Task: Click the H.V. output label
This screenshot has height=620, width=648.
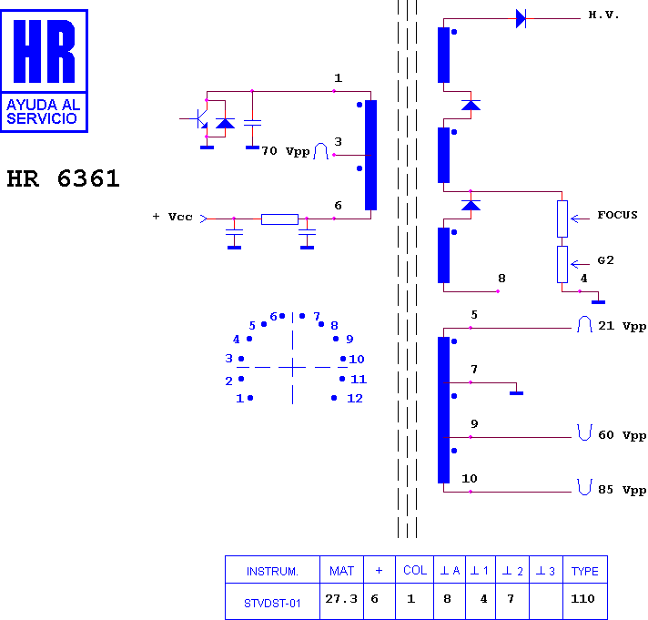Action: tap(603, 15)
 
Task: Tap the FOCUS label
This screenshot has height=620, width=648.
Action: tap(617, 215)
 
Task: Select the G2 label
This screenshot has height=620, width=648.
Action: tap(605, 260)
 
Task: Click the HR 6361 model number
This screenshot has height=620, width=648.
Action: tap(63, 179)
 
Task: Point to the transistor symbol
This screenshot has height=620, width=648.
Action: tap(200, 119)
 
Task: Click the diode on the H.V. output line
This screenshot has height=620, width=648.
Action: tap(521, 18)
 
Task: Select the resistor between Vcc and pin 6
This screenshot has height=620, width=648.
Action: tap(279, 219)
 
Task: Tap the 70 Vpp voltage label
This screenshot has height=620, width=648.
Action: tap(286, 151)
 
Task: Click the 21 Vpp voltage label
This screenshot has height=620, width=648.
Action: tap(622, 326)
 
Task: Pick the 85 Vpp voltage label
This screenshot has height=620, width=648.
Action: tap(622, 490)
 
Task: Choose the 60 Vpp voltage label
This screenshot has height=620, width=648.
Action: tap(622, 435)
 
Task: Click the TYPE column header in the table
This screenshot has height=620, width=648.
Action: tap(585, 571)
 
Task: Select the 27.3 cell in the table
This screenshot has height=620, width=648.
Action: tap(341, 598)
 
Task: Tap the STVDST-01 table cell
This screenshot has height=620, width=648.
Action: tap(272, 604)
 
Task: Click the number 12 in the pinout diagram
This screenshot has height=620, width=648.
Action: tap(355, 399)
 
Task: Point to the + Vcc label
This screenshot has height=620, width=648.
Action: tap(172, 217)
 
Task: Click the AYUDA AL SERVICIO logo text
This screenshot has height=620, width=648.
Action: tap(43, 112)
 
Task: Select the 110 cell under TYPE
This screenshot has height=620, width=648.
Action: tap(582, 598)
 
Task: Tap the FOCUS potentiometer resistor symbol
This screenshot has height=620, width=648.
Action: tap(562, 219)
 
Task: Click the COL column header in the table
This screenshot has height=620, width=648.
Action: tap(415, 571)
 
